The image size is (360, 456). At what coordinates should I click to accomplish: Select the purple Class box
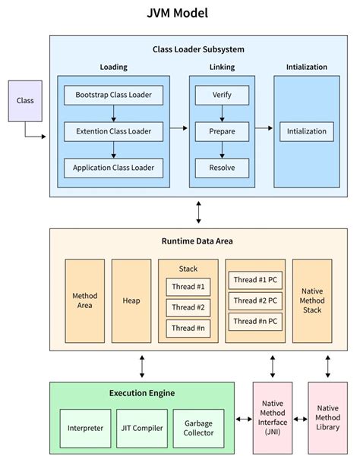coord(25,101)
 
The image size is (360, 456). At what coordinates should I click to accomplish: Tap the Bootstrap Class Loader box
coord(113,96)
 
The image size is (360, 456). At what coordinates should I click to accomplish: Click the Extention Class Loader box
coord(113,131)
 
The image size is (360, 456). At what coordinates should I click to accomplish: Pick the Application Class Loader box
coord(113,167)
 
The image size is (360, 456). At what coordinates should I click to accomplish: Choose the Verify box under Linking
coord(222,96)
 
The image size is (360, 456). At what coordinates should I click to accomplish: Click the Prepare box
coord(222,131)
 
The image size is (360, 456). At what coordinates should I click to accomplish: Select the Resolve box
coord(222,167)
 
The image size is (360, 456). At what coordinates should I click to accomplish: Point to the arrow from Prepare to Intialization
coord(263,131)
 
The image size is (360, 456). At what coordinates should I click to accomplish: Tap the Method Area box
coord(84,300)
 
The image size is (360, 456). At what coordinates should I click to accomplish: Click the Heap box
coord(131,300)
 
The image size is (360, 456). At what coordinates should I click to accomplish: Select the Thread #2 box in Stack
coord(188,307)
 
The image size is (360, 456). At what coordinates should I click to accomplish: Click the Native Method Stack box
coord(312,300)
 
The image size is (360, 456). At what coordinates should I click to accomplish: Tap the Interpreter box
coord(84,427)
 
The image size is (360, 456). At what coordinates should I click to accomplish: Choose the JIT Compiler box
coord(141,427)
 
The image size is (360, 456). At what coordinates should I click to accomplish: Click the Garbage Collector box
coord(198,427)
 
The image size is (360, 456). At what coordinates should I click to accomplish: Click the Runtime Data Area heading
coord(197,241)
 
